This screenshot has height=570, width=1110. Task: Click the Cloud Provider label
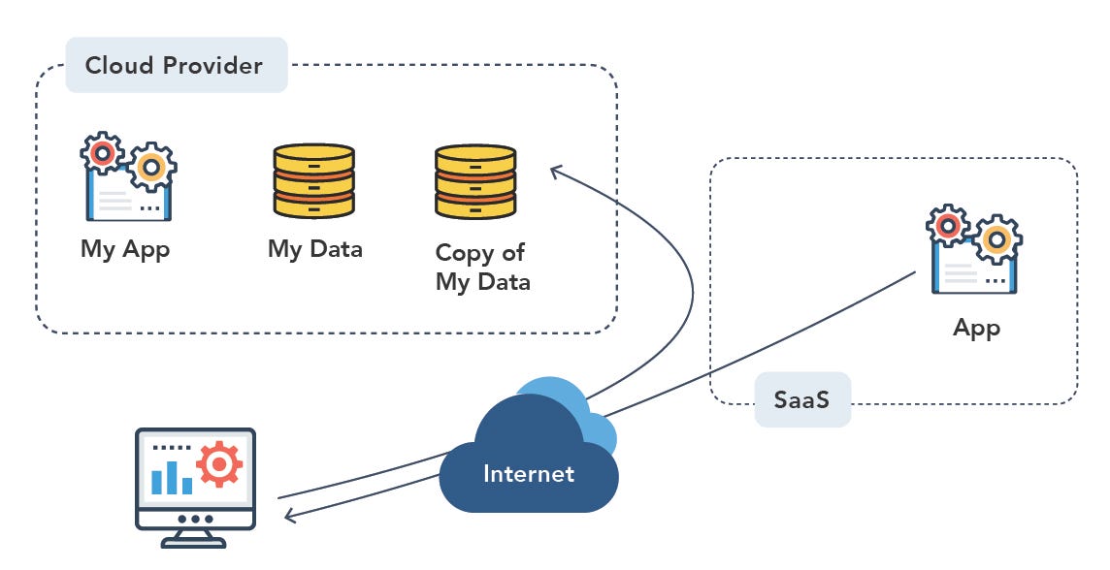(x=175, y=66)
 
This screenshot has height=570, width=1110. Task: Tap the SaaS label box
(x=802, y=398)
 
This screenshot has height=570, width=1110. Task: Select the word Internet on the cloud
(x=529, y=474)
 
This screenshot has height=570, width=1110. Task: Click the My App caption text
(x=125, y=249)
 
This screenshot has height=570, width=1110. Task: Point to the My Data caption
(x=315, y=249)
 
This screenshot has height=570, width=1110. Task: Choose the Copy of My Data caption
(x=482, y=268)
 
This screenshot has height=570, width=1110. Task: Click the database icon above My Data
(x=313, y=180)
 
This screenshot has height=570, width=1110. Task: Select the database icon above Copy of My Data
(x=475, y=180)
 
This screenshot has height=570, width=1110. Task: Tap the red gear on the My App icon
(x=103, y=153)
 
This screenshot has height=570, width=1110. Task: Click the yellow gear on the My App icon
(x=151, y=167)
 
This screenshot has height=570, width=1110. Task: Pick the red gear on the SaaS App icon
(x=948, y=226)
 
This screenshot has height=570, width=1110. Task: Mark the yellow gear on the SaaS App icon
(x=996, y=239)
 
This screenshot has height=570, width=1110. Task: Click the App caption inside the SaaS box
(x=976, y=328)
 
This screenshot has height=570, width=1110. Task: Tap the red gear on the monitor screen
(x=219, y=466)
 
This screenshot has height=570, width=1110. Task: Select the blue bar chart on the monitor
(x=172, y=477)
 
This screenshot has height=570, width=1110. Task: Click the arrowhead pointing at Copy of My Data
(x=556, y=172)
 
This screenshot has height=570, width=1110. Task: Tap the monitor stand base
(x=195, y=542)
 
